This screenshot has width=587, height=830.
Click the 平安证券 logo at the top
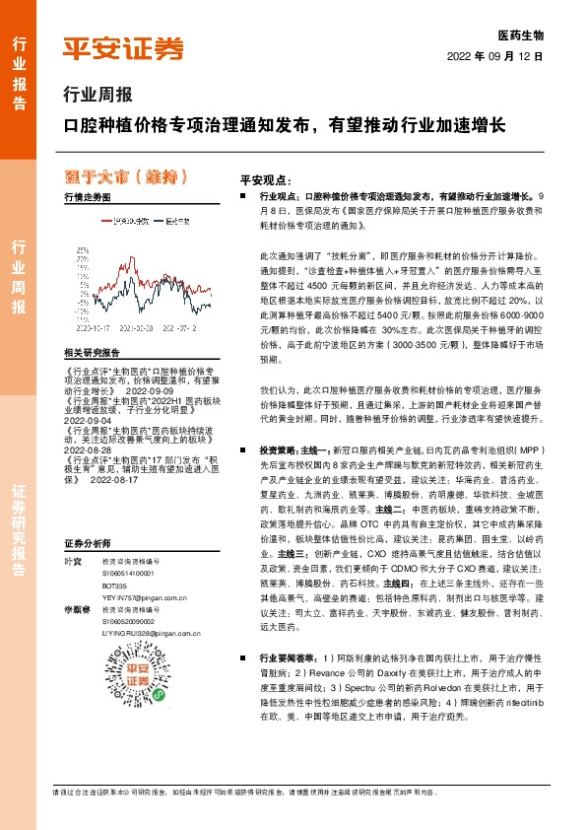(123, 48)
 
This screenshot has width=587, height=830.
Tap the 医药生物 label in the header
(521, 35)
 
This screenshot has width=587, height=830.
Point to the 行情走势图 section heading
(87, 198)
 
